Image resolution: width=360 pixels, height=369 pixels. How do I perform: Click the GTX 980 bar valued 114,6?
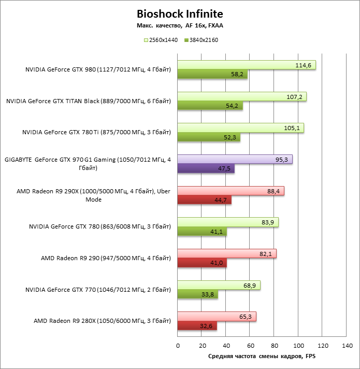click(x=247, y=65)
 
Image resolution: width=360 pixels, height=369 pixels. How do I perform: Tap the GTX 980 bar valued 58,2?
click(x=212, y=75)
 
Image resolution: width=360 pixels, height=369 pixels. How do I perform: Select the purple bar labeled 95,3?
click(x=235, y=159)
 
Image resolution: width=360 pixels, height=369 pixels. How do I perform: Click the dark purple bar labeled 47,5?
click(x=206, y=168)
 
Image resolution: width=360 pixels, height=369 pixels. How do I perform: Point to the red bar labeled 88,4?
click(x=231, y=191)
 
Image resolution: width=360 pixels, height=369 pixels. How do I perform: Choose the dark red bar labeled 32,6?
click(x=197, y=326)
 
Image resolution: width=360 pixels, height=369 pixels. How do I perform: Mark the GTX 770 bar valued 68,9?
click(x=219, y=285)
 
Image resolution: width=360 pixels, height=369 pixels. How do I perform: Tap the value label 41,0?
click(x=217, y=263)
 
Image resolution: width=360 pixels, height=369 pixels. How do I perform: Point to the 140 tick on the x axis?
click(x=347, y=346)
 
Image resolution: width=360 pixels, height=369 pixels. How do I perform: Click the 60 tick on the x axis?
click(x=250, y=346)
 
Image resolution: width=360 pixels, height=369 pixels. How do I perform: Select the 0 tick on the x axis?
click(x=178, y=346)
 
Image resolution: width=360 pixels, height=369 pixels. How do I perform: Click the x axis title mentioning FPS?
click(x=262, y=357)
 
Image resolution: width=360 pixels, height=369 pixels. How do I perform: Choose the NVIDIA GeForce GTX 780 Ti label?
click(x=96, y=133)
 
